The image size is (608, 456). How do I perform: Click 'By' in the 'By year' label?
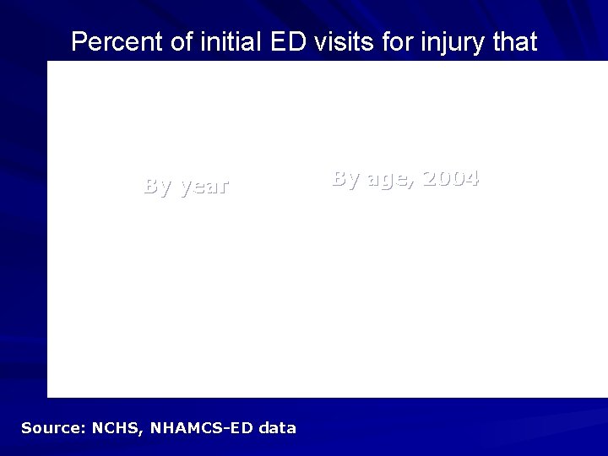(x=158, y=187)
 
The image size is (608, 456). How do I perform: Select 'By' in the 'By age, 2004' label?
(x=345, y=179)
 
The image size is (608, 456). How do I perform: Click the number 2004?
(x=450, y=178)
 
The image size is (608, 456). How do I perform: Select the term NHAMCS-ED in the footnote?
(x=203, y=428)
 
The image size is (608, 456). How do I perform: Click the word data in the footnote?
(x=278, y=428)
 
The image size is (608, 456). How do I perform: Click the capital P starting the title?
(x=78, y=42)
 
